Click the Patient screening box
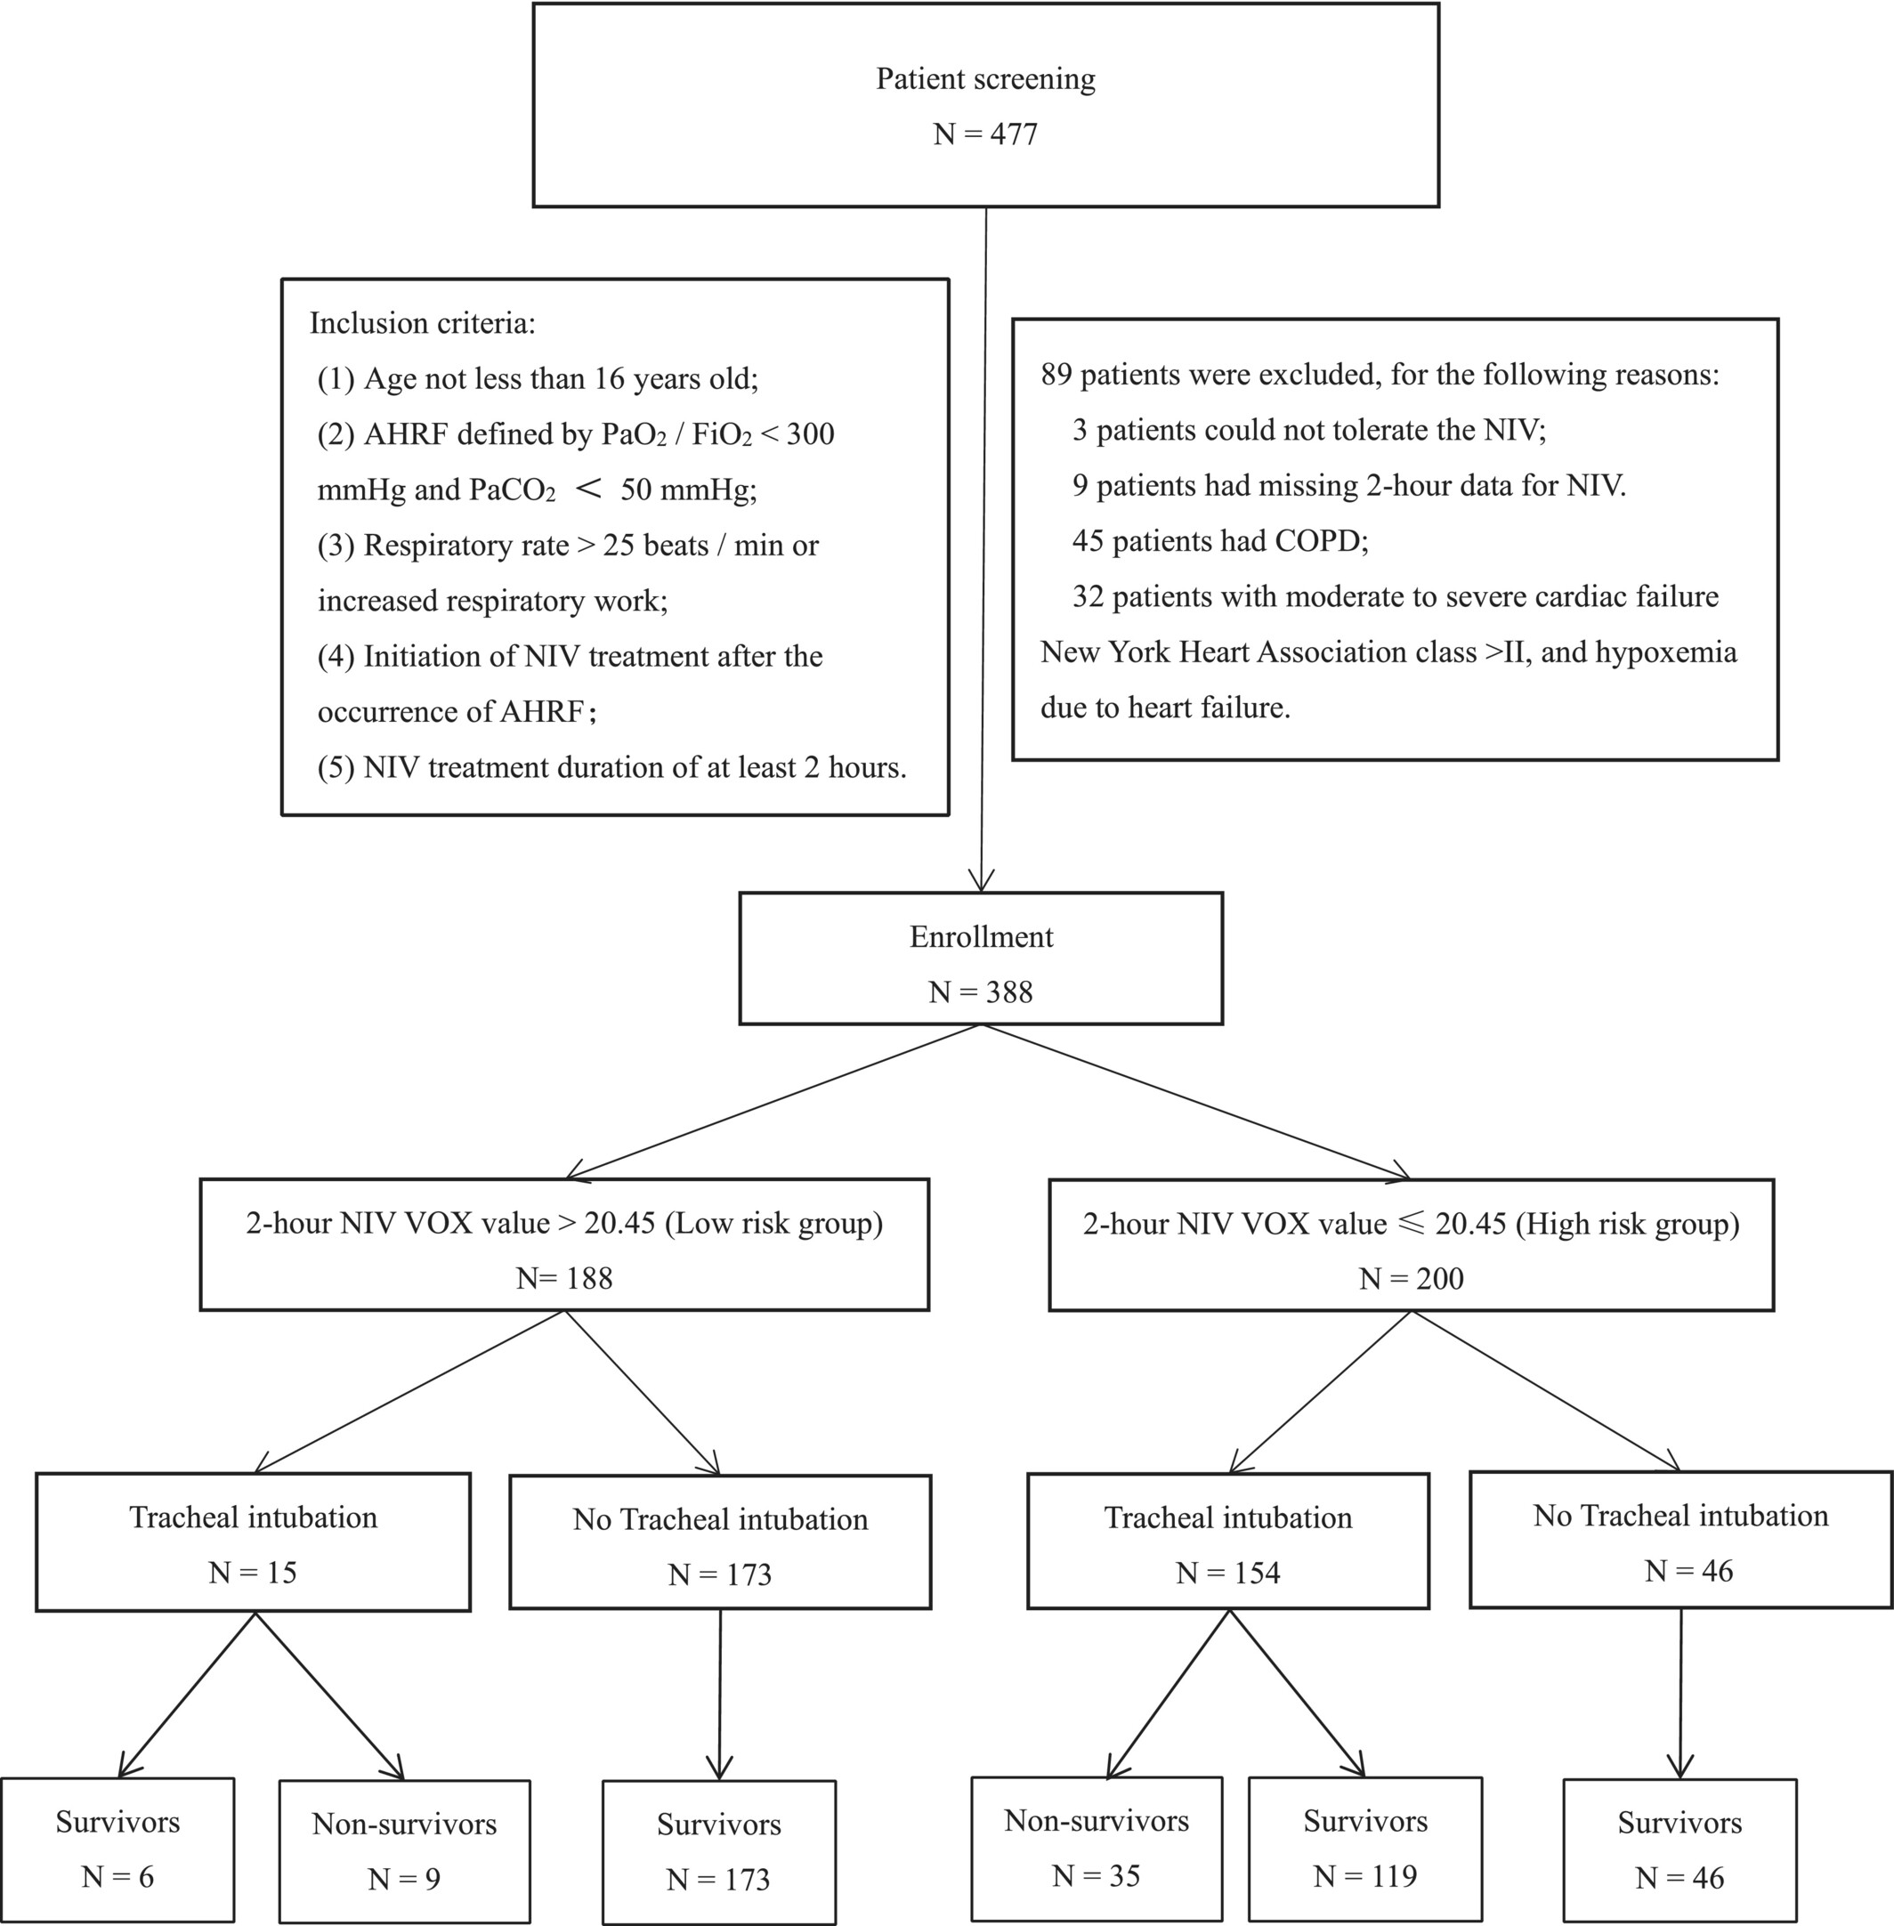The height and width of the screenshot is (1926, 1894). (x=986, y=105)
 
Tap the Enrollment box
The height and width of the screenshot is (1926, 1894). (x=981, y=958)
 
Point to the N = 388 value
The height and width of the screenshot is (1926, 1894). (x=981, y=991)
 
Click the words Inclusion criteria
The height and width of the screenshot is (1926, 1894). (x=423, y=323)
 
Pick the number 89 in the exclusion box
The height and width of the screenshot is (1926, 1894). (x=1056, y=375)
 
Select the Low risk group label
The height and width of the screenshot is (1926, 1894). (x=773, y=1223)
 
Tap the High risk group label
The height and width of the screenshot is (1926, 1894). (x=1627, y=1224)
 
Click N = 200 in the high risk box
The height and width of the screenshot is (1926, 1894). (x=1412, y=1278)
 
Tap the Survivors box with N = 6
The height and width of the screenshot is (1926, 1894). (x=117, y=1849)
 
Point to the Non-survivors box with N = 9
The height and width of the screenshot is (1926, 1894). (x=404, y=1850)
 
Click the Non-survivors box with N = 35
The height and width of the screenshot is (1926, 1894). (x=1097, y=1849)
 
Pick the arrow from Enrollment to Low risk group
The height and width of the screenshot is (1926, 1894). (x=773, y=1102)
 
